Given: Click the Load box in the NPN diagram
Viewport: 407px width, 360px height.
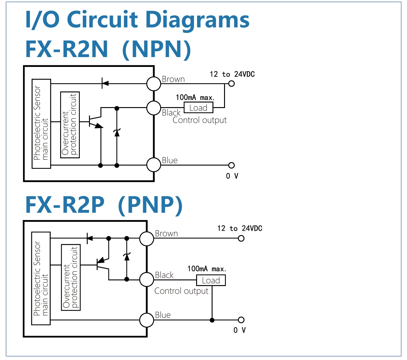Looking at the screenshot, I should pyautogui.click(x=198, y=108).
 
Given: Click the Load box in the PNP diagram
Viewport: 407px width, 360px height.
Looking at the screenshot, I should pyautogui.click(x=211, y=280).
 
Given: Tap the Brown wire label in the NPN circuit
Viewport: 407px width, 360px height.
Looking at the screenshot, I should pyautogui.click(x=173, y=79).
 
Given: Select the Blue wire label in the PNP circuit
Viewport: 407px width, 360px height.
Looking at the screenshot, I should pyautogui.click(x=163, y=315).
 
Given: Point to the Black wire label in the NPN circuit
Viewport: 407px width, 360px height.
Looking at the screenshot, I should pyautogui.click(x=171, y=113).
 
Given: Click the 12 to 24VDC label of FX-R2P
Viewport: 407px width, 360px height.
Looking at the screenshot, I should pyautogui.click(x=240, y=228).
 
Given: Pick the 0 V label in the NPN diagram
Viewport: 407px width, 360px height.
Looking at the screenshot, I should pyautogui.click(x=232, y=176).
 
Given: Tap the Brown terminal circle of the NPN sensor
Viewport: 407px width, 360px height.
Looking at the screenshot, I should pyautogui.click(x=153, y=83).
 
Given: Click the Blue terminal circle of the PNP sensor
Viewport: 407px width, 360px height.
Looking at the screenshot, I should pyautogui.click(x=147, y=320).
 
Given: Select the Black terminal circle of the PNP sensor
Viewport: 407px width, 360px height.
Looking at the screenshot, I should pyautogui.click(x=147, y=280).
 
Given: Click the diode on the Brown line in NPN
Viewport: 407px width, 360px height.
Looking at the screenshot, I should pyautogui.click(x=105, y=83).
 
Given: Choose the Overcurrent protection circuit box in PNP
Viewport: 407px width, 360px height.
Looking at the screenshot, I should pyautogui.click(x=71, y=277).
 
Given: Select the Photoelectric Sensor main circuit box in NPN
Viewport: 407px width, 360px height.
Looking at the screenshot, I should pyautogui.click(x=41, y=124).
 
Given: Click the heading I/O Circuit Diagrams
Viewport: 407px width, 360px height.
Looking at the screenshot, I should pyautogui.click(x=137, y=19).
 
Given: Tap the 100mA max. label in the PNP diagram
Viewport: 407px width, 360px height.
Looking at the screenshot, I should pyautogui.click(x=207, y=269).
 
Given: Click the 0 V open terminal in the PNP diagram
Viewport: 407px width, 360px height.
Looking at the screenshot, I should pyautogui.click(x=241, y=320).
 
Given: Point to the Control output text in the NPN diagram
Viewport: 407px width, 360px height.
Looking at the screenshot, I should pyautogui.click(x=200, y=120).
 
